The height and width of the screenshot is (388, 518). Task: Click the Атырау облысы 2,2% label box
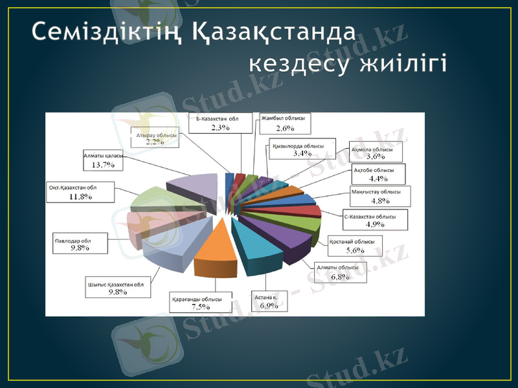(x=156, y=138)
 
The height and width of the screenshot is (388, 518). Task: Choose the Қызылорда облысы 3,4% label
(x=302, y=149)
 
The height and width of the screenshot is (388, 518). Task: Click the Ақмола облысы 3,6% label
(x=375, y=152)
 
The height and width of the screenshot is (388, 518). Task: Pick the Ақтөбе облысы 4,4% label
(x=377, y=174)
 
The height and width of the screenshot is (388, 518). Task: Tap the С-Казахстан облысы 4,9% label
(x=375, y=220)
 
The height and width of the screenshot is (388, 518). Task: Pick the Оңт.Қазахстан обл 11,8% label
(x=81, y=192)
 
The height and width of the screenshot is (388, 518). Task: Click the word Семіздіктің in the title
(x=108, y=32)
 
